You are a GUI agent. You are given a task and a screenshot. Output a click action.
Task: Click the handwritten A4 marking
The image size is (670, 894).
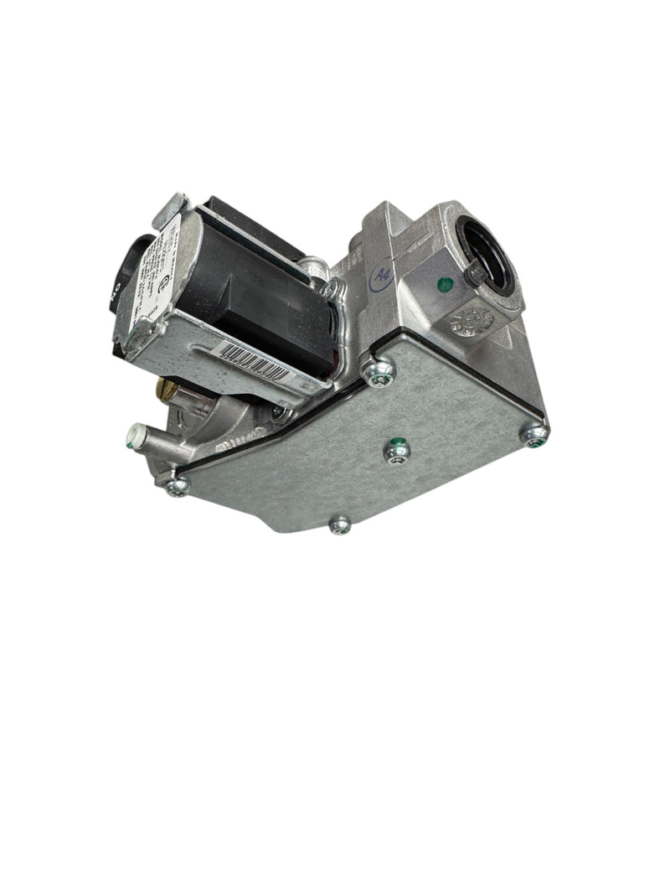[382, 274]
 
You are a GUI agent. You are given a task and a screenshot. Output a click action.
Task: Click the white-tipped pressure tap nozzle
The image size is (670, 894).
[133, 436]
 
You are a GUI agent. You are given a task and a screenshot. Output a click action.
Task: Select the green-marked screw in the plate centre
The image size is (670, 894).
[398, 451]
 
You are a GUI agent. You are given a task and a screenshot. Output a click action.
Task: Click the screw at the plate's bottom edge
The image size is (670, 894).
[339, 525]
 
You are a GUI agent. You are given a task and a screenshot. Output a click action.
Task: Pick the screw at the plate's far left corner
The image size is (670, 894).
[175, 485]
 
